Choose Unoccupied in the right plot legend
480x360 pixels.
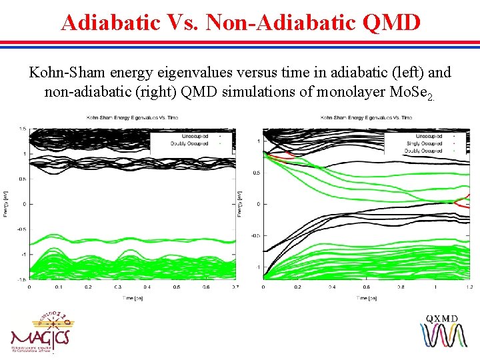[x=428, y=136]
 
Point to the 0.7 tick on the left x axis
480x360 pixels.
[x=235, y=287]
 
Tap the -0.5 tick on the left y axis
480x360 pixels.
[x=21, y=229]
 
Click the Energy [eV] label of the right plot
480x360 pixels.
[x=240, y=203]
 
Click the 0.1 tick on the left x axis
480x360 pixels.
[x=59, y=287]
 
